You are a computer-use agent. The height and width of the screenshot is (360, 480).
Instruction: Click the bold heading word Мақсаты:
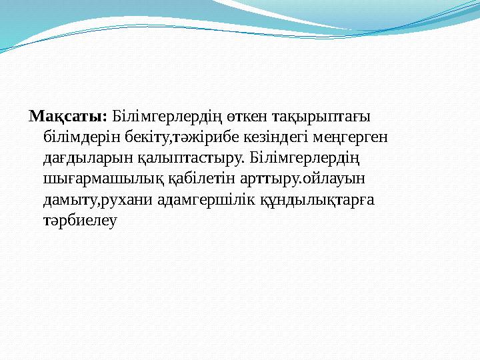[x=67, y=117]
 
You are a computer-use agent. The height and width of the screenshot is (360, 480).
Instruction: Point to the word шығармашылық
[x=97, y=179]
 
